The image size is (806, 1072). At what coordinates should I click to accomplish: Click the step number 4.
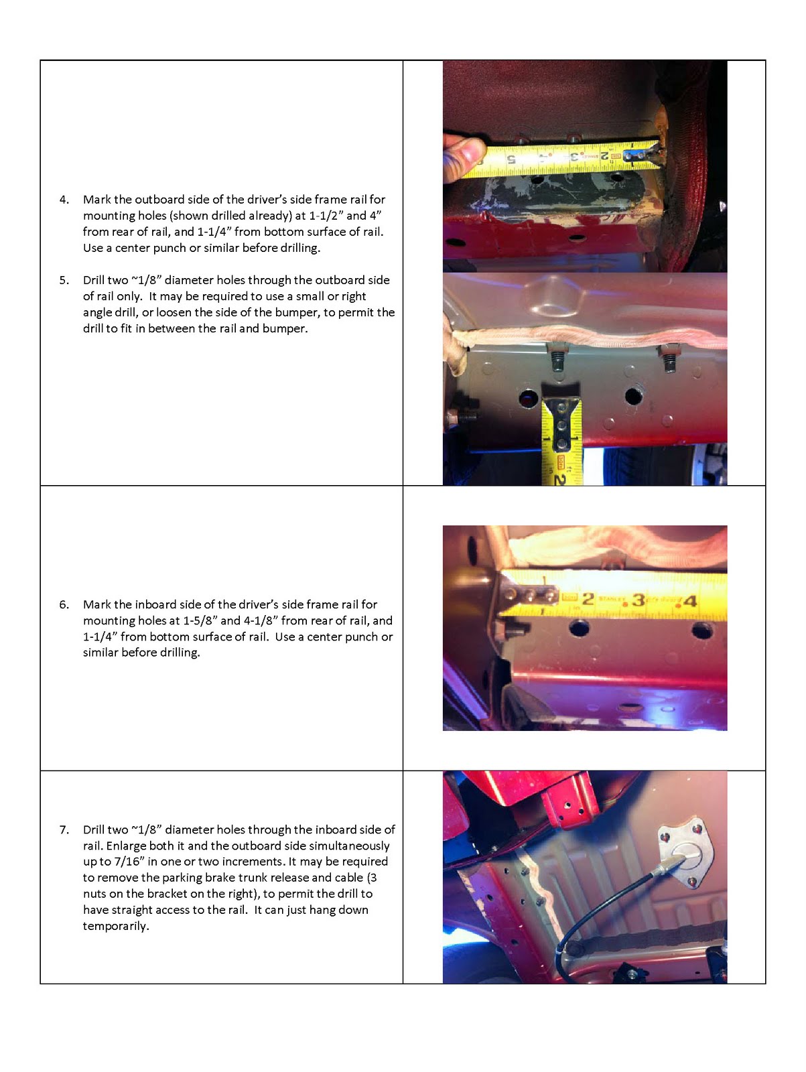click(x=64, y=200)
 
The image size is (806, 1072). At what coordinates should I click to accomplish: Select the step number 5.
click(x=64, y=281)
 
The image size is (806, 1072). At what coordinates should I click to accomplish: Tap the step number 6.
click(x=64, y=605)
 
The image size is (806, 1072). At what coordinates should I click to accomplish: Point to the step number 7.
click(x=64, y=830)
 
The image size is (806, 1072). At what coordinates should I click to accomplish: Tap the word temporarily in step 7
click(x=116, y=927)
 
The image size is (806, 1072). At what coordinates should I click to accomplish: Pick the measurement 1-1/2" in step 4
click(x=326, y=216)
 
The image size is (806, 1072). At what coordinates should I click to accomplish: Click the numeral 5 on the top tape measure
click(x=511, y=159)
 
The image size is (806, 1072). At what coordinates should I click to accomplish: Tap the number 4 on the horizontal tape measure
click(x=689, y=601)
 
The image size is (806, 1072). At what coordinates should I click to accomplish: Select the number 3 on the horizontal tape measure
click(x=638, y=600)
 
